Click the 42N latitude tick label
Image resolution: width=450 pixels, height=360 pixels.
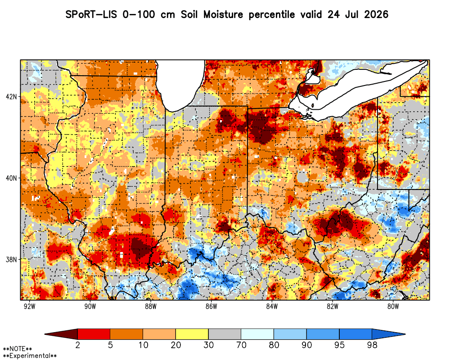point(11,96)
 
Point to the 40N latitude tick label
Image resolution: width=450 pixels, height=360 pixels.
point(11,178)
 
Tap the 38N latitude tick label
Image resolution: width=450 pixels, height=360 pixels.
point(11,260)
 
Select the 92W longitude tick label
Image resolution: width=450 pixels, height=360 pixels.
point(30,306)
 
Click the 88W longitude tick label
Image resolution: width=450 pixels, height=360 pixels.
point(151,306)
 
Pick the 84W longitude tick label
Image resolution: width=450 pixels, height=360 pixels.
point(272,306)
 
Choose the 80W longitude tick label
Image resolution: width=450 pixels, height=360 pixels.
point(393,306)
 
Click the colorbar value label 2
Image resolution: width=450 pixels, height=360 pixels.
point(77,345)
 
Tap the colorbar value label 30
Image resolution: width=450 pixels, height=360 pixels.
point(208,345)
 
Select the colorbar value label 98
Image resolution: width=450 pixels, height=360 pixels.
point(372,345)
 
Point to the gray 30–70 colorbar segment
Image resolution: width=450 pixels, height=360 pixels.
point(225,334)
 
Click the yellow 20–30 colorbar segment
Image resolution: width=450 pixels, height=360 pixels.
point(192,334)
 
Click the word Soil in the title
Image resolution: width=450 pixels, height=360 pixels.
point(189,14)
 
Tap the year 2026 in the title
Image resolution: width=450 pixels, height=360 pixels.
point(376,14)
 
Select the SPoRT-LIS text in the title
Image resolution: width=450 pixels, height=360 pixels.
point(91,14)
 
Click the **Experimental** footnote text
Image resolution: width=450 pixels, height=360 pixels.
point(30,356)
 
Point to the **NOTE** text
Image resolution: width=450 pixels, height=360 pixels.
point(18,349)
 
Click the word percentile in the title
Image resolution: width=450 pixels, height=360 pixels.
point(271,15)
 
